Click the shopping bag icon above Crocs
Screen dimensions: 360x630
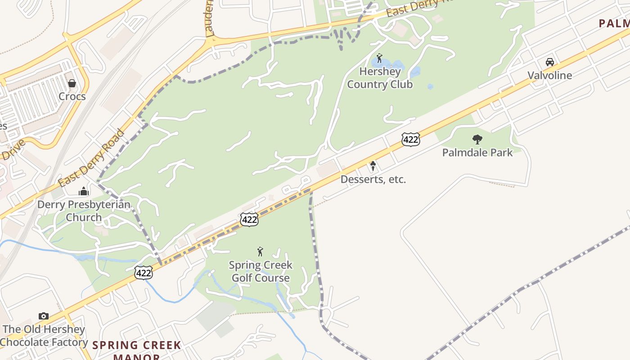[x=72, y=83]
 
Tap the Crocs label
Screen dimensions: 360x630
[x=72, y=96]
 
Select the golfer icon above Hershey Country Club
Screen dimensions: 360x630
[x=379, y=58]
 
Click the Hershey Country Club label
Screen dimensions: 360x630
[x=380, y=78]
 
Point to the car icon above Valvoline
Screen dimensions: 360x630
[x=549, y=62]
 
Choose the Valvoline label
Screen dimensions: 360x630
[x=549, y=75]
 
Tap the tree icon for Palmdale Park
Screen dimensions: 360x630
[x=477, y=139]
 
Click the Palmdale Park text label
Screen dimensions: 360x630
[x=477, y=153]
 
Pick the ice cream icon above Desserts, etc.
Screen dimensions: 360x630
[x=373, y=166]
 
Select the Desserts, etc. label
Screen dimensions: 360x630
[x=373, y=180]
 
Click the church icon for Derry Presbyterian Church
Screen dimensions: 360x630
[x=84, y=192]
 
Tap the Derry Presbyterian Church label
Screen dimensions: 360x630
[x=84, y=211]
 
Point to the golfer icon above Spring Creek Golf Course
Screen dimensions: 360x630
[x=260, y=252]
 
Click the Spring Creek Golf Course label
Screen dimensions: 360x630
[x=261, y=271]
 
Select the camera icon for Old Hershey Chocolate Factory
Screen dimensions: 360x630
[x=43, y=316]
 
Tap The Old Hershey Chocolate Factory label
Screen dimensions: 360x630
[x=44, y=336]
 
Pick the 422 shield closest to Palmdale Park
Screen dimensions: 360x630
[x=411, y=139]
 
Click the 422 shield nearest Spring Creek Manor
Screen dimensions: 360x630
[x=143, y=272]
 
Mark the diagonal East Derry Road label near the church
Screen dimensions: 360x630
[x=91, y=158]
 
